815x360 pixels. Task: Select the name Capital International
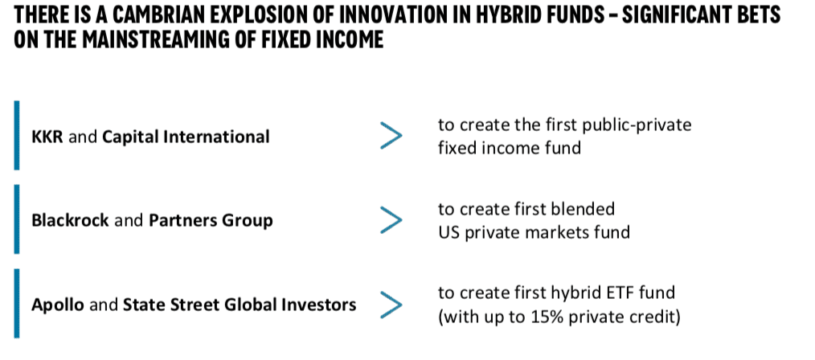tap(186, 137)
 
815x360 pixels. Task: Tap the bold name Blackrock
tap(70, 221)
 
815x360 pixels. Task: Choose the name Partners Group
tap(211, 222)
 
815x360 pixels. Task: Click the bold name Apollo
tap(58, 305)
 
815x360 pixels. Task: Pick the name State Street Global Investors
tap(240, 305)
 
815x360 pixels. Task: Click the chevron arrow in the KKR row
tap(391, 136)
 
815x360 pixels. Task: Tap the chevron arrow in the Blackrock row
tap(391, 220)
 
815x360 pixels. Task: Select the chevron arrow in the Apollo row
tap(391, 305)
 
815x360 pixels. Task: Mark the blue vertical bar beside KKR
tap(17, 136)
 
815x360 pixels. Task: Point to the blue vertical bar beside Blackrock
tap(17, 219)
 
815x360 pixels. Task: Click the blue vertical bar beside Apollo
tap(17, 304)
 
